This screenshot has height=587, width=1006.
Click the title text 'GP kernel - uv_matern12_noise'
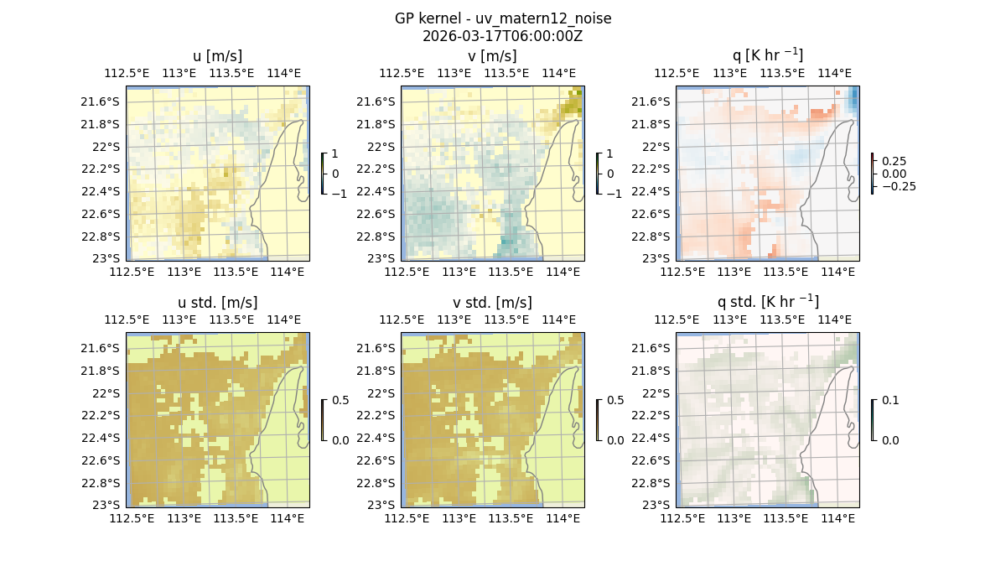click(x=502, y=18)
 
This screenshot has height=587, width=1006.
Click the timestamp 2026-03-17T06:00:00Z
click(x=502, y=36)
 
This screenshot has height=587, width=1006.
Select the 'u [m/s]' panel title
click(x=217, y=56)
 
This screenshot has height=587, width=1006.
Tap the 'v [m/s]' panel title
click(x=492, y=56)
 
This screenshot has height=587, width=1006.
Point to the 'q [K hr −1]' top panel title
click(x=767, y=55)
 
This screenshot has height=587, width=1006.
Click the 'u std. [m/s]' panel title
click(x=217, y=303)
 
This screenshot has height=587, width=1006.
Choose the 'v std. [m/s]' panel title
click(x=492, y=303)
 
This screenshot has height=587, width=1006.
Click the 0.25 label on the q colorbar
click(x=893, y=161)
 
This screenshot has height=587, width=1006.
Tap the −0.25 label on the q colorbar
click(x=897, y=186)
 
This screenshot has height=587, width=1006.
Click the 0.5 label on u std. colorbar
click(x=340, y=401)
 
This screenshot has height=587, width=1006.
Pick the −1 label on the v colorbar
click(x=615, y=193)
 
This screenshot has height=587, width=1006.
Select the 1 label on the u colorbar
click(x=335, y=154)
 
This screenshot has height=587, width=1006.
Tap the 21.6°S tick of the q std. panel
click(x=653, y=348)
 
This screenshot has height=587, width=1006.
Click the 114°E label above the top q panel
click(x=834, y=73)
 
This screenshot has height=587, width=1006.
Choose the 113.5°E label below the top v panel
click(x=511, y=272)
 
